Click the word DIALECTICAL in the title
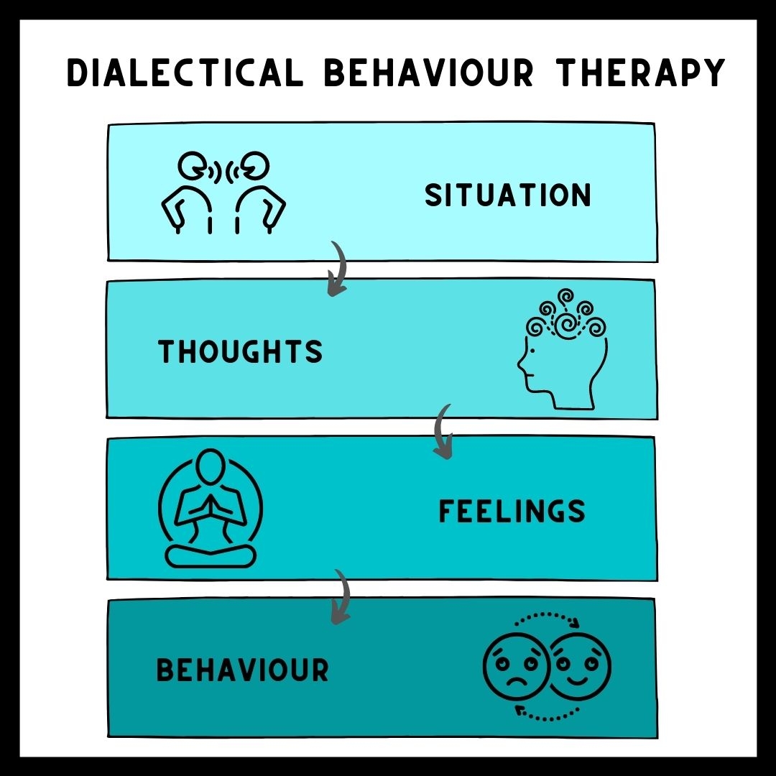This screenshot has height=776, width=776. click(x=185, y=73)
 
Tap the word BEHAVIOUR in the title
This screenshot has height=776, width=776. click(x=428, y=73)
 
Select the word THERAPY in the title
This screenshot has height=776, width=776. click(x=639, y=73)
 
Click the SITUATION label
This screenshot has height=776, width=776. click(x=508, y=195)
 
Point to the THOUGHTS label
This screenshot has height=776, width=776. click(x=241, y=352)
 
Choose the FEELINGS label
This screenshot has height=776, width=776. click(x=512, y=512)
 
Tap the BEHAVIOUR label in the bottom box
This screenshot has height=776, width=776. click(x=243, y=670)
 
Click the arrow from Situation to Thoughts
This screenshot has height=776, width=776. click(x=336, y=269)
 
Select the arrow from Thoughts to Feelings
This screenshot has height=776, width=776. click(x=442, y=431)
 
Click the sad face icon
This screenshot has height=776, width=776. click(x=516, y=666)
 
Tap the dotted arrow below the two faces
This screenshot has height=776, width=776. click(x=548, y=715)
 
